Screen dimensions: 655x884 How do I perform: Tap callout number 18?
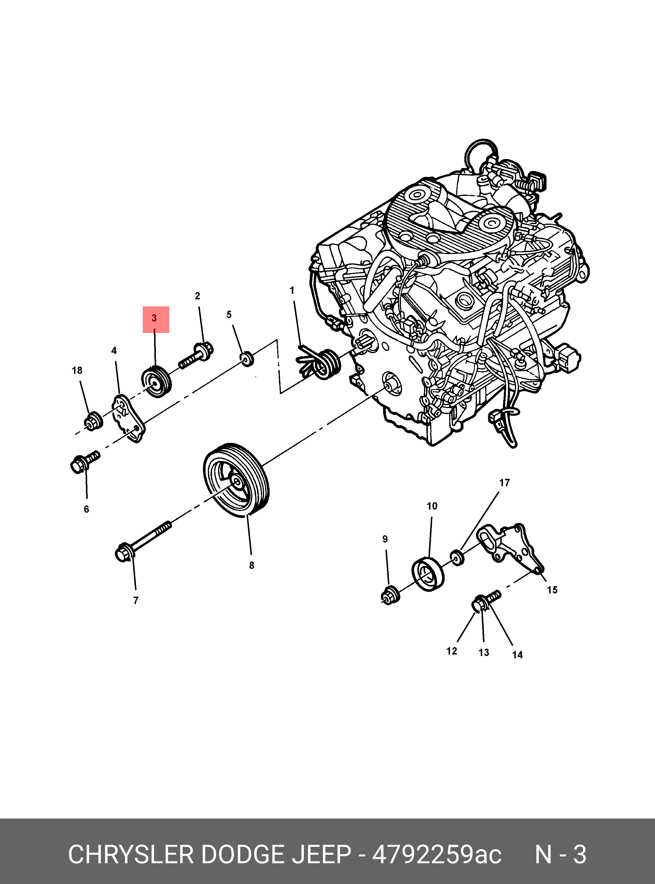[77, 370]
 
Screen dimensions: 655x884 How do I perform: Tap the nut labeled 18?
[94, 421]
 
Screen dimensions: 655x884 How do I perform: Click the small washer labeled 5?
[247, 358]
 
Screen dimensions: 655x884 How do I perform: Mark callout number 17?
[504, 483]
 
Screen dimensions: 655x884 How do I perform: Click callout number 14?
[517, 655]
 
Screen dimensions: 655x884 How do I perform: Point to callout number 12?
[451, 651]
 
